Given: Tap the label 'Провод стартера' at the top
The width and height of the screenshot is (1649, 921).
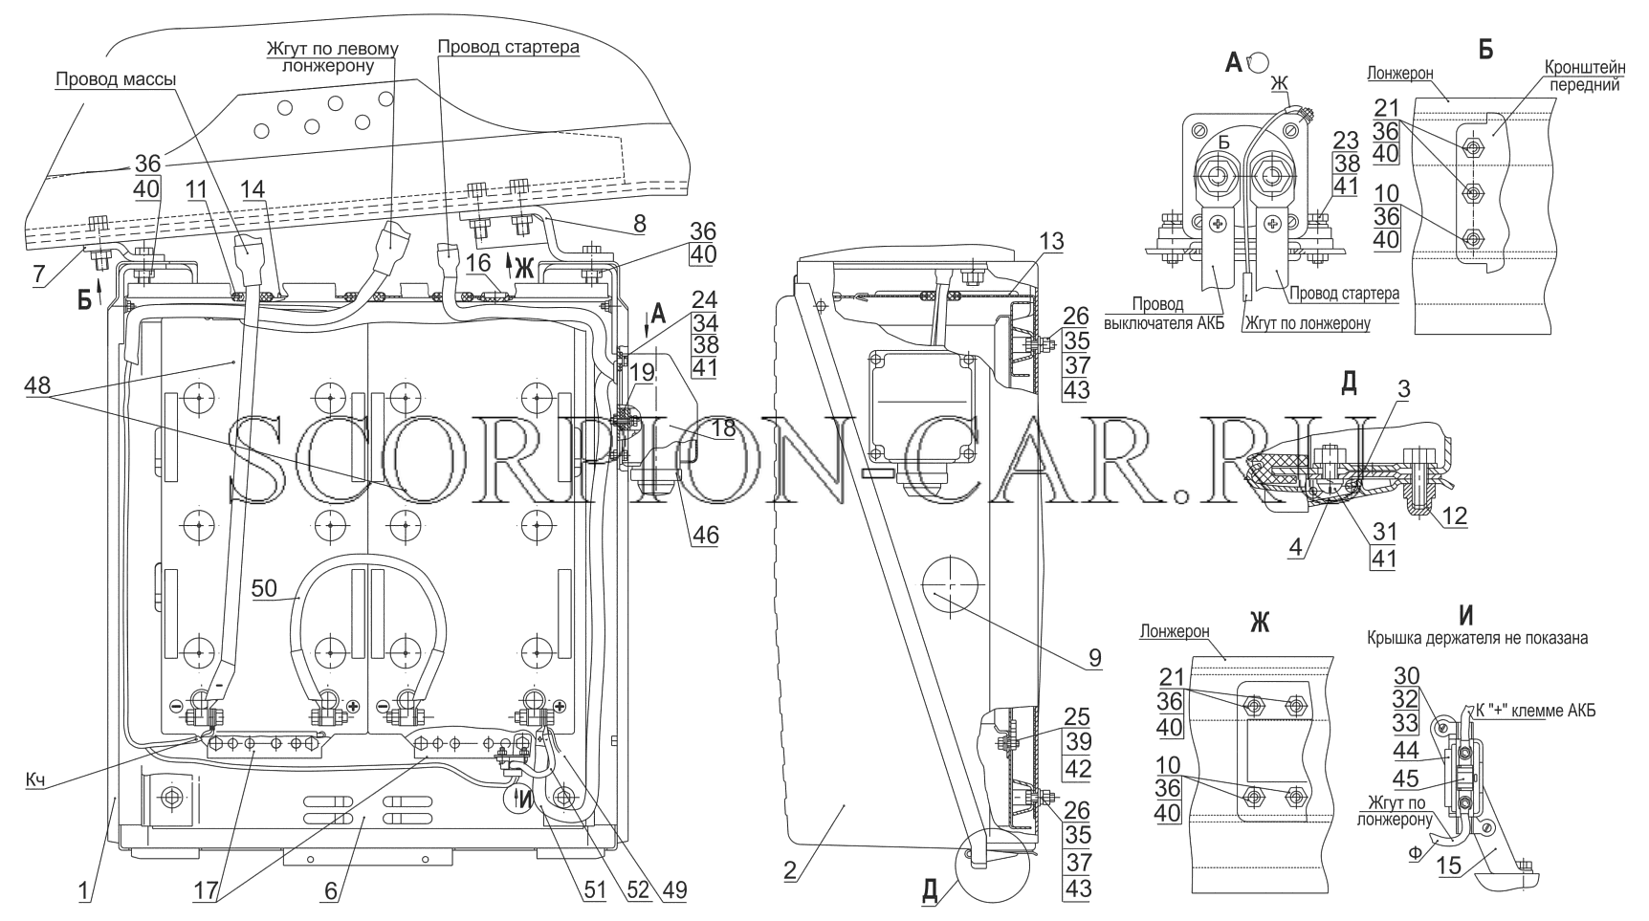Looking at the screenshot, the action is pyautogui.click(x=508, y=46).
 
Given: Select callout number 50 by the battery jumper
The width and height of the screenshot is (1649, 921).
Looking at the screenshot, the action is pyautogui.click(x=265, y=587).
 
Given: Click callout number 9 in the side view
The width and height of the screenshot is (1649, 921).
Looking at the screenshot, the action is pyautogui.click(x=1093, y=658).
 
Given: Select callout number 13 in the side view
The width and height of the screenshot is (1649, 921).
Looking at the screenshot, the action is pyautogui.click(x=1051, y=243).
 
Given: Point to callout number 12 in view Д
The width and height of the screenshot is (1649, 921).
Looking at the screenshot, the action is pyautogui.click(x=1454, y=515).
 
